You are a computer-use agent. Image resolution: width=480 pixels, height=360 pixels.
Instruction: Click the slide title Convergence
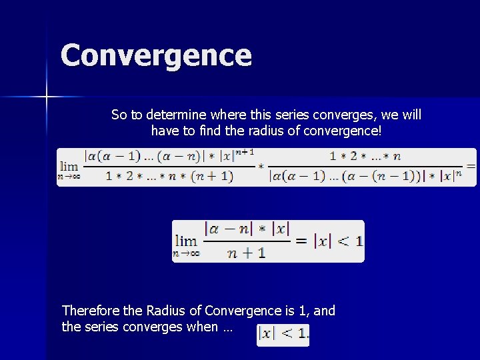(x=156, y=55)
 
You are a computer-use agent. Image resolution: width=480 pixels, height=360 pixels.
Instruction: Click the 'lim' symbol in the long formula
(x=69, y=165)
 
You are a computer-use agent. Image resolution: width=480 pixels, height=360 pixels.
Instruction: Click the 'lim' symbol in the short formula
(x=185, y=240)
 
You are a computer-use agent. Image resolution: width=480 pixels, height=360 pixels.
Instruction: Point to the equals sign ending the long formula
(x=471, y=165)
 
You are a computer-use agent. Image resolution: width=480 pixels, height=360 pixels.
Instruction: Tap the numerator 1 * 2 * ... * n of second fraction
(x=365, y=156)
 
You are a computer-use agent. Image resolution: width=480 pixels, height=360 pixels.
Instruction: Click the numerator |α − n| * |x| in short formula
(x=247, y=229)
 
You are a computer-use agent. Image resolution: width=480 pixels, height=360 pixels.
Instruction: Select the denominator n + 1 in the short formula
(x=247, y=252)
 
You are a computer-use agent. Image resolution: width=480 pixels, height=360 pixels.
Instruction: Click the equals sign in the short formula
(x=301, y=240)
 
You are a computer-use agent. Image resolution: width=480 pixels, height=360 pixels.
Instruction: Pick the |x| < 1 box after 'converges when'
(x=283, y=333)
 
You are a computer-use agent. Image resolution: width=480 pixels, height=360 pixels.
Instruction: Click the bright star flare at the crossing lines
(x=47, y=97)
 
